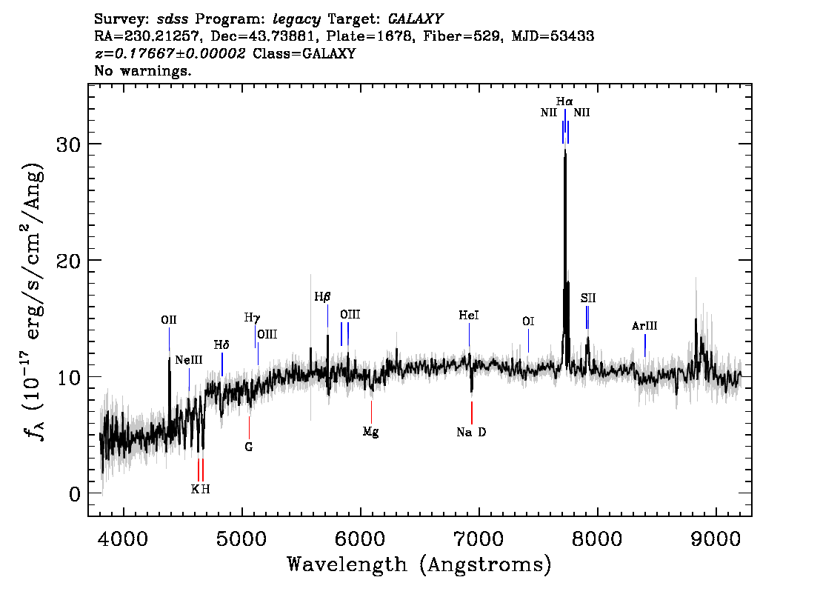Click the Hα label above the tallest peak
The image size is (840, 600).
pyautogui.click(x=564, y=101)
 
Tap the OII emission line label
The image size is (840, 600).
pyautogui.click(x=169, y=321)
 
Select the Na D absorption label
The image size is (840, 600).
pyautogui.click(x=471, y=433)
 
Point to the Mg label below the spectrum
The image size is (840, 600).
pyautogui.click(x=371, y=432)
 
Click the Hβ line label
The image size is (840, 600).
pyautogui.click(x=322, y=297)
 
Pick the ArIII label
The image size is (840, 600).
pyautogui.click(x=644, y=326)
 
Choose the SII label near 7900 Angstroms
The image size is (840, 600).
pyautogui.click(x=588, y=299)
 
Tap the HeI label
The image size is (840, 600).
pyautogui.click(x=469, y=316)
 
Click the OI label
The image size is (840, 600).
pyautogui.click(x=528, y=321)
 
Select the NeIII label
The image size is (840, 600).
pyautogui.click(x=189, y=361)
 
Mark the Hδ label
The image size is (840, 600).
pyautogui.click(x=221, y=345)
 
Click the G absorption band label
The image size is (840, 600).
pyautogui.click(x=249, y=447)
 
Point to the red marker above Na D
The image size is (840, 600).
pyautogui.click(x=471, y=412)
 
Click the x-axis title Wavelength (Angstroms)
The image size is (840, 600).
pyautogui.click(x=419, y=565)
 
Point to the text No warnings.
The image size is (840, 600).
pyautogui.click(x=143, y=72)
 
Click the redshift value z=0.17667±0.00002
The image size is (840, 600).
pyautogui.click(x=170, y=54)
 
